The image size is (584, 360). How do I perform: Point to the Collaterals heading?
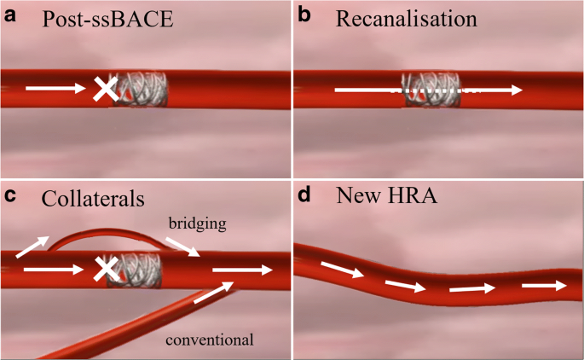(93, 199)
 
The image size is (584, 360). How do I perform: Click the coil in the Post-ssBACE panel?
(142, 88)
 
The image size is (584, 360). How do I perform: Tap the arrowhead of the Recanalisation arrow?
(516, 89)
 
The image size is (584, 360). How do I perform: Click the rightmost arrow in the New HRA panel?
(541, 286)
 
